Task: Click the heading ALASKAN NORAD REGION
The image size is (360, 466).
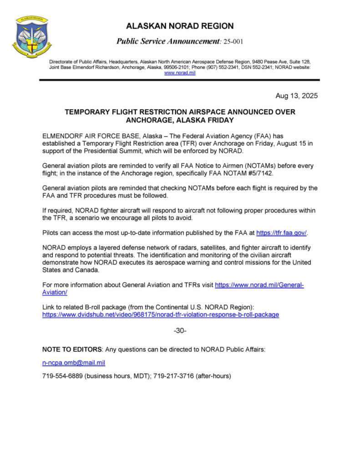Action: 180,26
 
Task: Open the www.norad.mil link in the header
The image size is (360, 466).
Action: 180,73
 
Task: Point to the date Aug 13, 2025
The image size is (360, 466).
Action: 296,96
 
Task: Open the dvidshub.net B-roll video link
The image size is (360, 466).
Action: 161,314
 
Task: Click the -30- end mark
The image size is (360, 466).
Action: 180,330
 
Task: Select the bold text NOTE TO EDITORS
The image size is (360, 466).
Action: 72,349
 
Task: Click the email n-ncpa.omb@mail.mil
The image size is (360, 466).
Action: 74,363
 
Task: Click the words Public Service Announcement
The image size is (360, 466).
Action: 168,41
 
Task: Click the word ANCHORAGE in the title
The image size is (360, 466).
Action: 149,120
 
